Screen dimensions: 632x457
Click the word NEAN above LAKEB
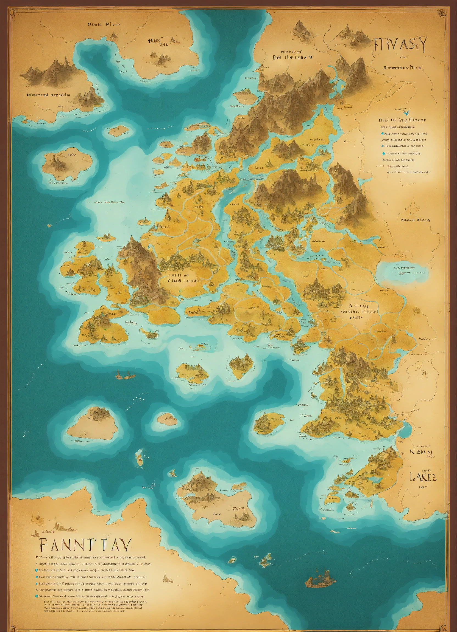click(x=421, y=452)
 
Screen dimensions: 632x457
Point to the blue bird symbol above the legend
click(x=406, y=113)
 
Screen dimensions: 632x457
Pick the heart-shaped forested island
click(x=241, y=366)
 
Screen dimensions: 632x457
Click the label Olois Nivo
click(x=104, y=24)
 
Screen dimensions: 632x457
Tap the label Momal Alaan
click(x=415, y=220)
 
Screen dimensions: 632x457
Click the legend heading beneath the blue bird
click(x=402, y=120)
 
